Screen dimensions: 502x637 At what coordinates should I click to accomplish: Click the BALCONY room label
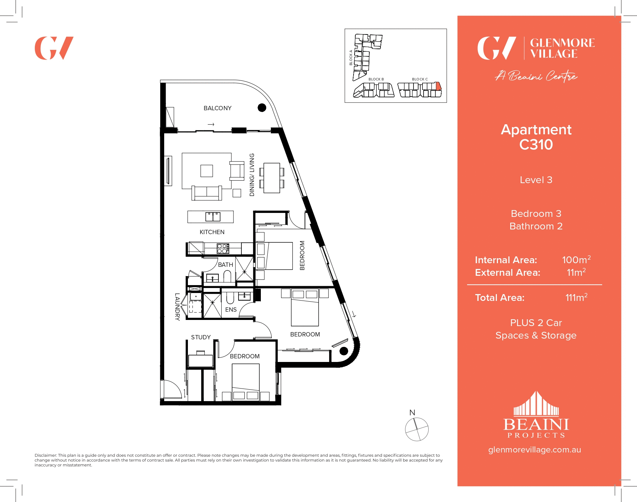(x=217, y=108)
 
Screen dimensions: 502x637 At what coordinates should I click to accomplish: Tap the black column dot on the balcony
(x=262, y=107)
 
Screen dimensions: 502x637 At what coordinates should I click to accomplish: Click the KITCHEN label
(x=212, y=232)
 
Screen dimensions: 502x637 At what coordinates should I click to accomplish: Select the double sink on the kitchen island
(x=213, y=217)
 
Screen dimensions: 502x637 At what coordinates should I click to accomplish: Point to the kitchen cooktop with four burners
(x=223, y=248)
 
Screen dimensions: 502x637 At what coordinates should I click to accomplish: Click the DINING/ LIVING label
(x=252, y=175)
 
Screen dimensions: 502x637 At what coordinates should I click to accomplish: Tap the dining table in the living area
(x=272, y=178)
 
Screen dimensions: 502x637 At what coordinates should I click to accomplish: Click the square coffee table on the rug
(x=207, y=171)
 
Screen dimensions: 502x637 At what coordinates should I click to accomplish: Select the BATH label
(x=226, y=265)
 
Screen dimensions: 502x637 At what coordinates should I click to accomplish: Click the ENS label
(x=231, y=310)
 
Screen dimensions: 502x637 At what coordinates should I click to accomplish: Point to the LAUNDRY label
(x=177, y=307)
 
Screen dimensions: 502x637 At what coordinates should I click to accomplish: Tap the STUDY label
(x=201, y=337)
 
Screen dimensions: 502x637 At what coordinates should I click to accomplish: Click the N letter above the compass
(x=412, y=413)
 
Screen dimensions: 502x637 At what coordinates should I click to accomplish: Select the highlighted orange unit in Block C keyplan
(x=438, y=86)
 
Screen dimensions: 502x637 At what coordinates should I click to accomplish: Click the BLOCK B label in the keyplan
(x=376, y=79)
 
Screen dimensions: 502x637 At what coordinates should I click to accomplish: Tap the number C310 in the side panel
(x=536, y=145)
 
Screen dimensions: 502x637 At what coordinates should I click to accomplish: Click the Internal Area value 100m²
(x=576, y=260)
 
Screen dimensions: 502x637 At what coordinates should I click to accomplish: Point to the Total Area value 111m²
(x=576, y=297)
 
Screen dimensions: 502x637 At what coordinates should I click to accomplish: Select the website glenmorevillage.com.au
(x=534, y=450)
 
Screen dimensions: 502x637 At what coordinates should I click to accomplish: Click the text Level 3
(x=536, y=180)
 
